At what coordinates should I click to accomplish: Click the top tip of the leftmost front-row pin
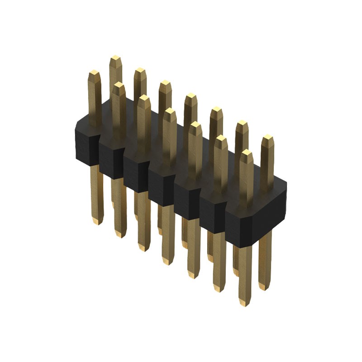click(x=94, y=72)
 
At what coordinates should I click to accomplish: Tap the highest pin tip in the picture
click(x=115, y=58)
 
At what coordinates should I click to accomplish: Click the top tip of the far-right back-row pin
click(x=267, y=137)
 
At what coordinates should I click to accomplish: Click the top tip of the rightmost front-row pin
click(x=247, y=152)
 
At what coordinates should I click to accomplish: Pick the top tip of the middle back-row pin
click(x=191, y=96)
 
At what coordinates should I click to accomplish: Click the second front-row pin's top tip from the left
click(x=119, y=85)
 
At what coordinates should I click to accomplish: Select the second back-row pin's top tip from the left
click(x=140, y=70)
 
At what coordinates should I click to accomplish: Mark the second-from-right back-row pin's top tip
click(x=242, y=123)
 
